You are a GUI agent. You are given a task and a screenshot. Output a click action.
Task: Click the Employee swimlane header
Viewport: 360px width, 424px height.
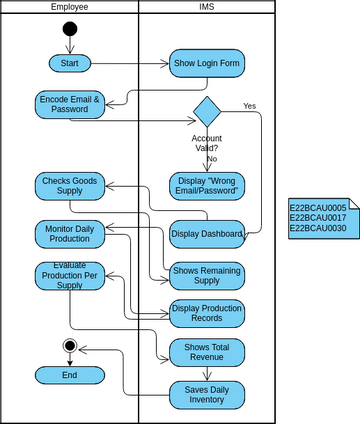pos(69,7)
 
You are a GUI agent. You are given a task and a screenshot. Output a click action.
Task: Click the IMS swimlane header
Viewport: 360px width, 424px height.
pos(206,7)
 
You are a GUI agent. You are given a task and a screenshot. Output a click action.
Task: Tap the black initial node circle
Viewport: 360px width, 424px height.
pos(69,27)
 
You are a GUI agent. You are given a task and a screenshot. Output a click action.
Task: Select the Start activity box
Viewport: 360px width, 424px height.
pos(69,63)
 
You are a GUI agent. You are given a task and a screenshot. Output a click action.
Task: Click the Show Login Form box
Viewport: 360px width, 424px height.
pos(206,63)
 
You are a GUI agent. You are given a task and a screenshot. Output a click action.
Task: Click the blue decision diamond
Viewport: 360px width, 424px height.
pos(206,110)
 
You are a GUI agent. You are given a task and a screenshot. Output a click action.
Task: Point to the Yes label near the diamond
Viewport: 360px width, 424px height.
pos(249,105)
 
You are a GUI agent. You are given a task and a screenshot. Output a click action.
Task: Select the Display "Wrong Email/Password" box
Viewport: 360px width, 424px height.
pos(206,185)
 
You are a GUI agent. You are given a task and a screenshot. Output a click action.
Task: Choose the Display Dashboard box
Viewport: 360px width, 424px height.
pos(206,234)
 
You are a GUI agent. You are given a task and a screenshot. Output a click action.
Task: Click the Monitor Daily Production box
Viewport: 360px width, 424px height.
pos(69,234)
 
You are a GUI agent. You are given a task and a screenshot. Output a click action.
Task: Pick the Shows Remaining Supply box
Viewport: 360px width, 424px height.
pos(206,275)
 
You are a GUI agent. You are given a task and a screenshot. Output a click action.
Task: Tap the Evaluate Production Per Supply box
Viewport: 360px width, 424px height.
pos(69,276)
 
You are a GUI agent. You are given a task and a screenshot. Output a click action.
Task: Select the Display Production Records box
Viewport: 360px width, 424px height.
pos(206,314)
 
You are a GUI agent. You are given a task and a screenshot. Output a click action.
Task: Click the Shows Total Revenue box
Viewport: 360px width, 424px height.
pos(206,352)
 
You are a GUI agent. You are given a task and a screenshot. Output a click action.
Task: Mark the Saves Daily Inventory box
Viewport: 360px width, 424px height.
pos(206,394)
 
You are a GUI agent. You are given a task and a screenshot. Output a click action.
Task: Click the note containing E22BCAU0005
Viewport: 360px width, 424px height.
pos(317,219)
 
